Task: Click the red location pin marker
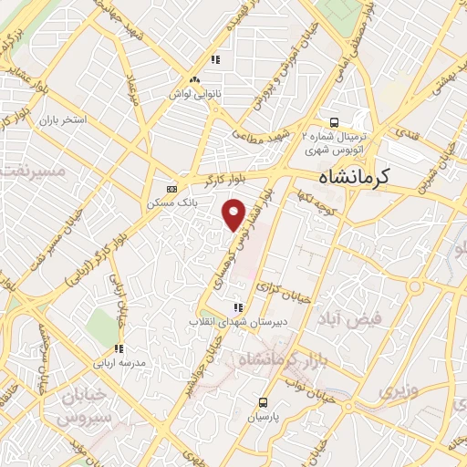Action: (234, 213)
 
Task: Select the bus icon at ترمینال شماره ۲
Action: (334, 121)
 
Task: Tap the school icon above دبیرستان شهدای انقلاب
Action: (238, 308)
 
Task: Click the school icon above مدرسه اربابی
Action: (119, 348)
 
